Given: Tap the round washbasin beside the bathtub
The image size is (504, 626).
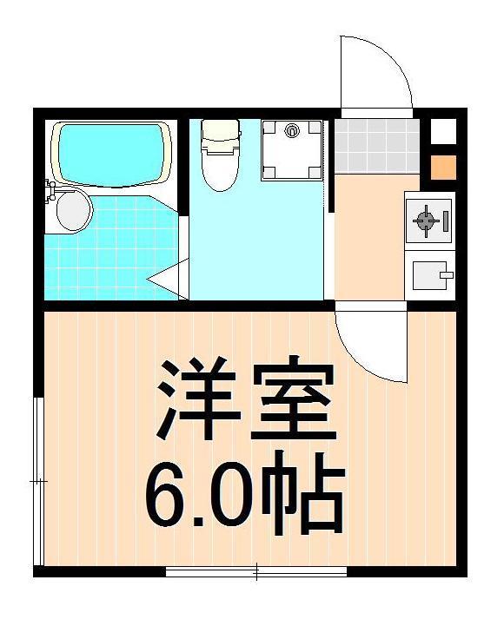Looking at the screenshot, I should pos(71,210).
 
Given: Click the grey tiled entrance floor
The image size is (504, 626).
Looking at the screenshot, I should pos(376,145).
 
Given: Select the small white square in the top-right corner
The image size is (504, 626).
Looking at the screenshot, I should pos(442,133).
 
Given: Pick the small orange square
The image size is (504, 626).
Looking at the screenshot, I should pos(442,167).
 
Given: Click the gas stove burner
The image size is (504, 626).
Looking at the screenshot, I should pos(427,221).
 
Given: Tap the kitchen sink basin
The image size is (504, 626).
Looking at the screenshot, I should pos(425,277).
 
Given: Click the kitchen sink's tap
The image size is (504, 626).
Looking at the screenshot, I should pos(446,275).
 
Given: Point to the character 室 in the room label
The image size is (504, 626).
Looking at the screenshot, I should pos(292,400).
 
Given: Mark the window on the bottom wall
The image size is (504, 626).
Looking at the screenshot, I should pos(256,571).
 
